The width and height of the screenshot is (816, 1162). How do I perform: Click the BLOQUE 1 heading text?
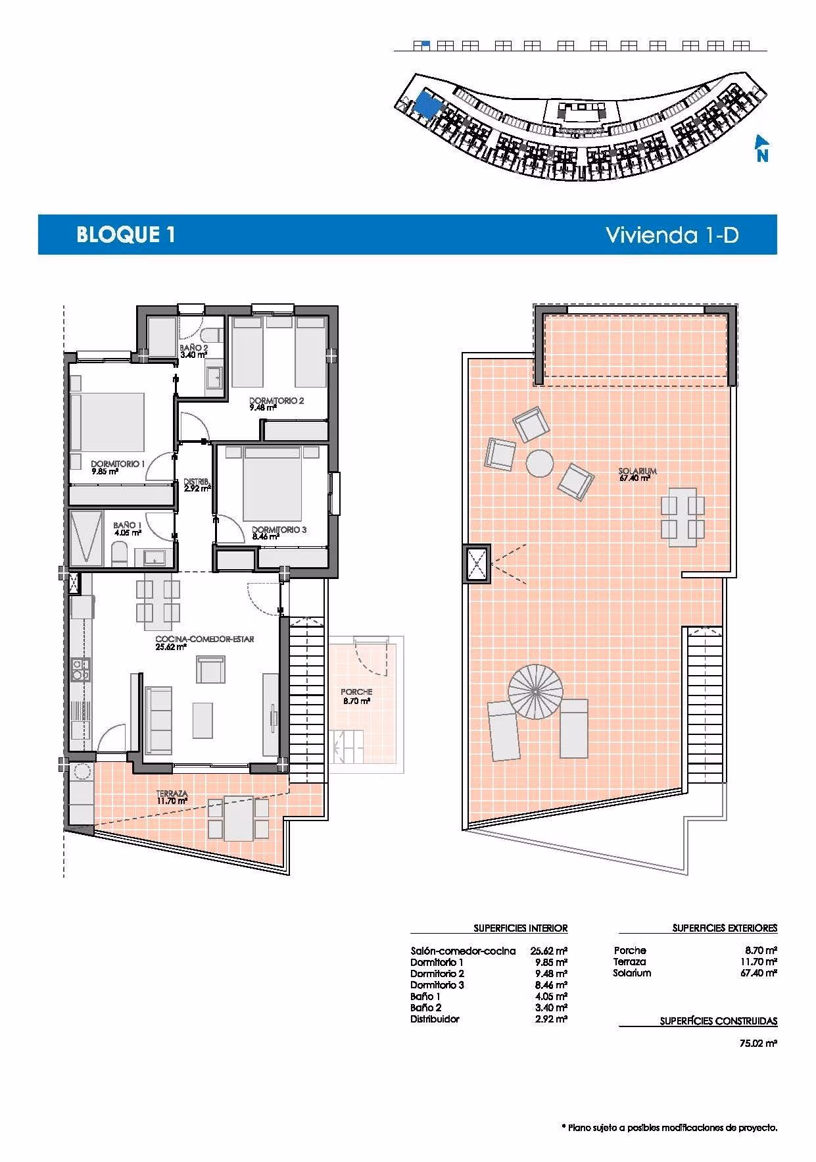click(x=126, y=235)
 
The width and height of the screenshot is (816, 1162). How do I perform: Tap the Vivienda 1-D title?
click(x=672, y=235)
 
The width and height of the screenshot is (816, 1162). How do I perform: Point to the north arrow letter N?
click(x=762, y=157)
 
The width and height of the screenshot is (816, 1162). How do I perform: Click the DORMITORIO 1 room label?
click(x=118, y=464)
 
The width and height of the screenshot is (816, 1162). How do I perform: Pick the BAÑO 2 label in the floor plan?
click(x=194, y=348)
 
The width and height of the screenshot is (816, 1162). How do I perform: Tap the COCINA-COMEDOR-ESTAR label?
click(x=204, y=639)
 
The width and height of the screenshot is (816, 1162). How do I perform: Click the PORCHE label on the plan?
click(x=356, y=692)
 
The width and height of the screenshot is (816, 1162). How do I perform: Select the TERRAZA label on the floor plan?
click(x=172, y=794)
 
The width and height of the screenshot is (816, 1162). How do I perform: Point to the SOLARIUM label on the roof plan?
click(x=638, y=471)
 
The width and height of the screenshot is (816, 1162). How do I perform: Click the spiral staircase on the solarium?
click(x=536, y=692)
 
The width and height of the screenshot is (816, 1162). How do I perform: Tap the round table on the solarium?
click(x=540, y=463)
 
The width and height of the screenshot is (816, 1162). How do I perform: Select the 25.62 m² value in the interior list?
click(x=548, y=951)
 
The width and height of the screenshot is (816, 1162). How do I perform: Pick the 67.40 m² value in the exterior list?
click(x=759, y=973)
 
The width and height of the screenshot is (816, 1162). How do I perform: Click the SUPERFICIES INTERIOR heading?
click(x=521, y=928)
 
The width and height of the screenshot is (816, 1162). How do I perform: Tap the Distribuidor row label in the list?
click(x=435, y=1019)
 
